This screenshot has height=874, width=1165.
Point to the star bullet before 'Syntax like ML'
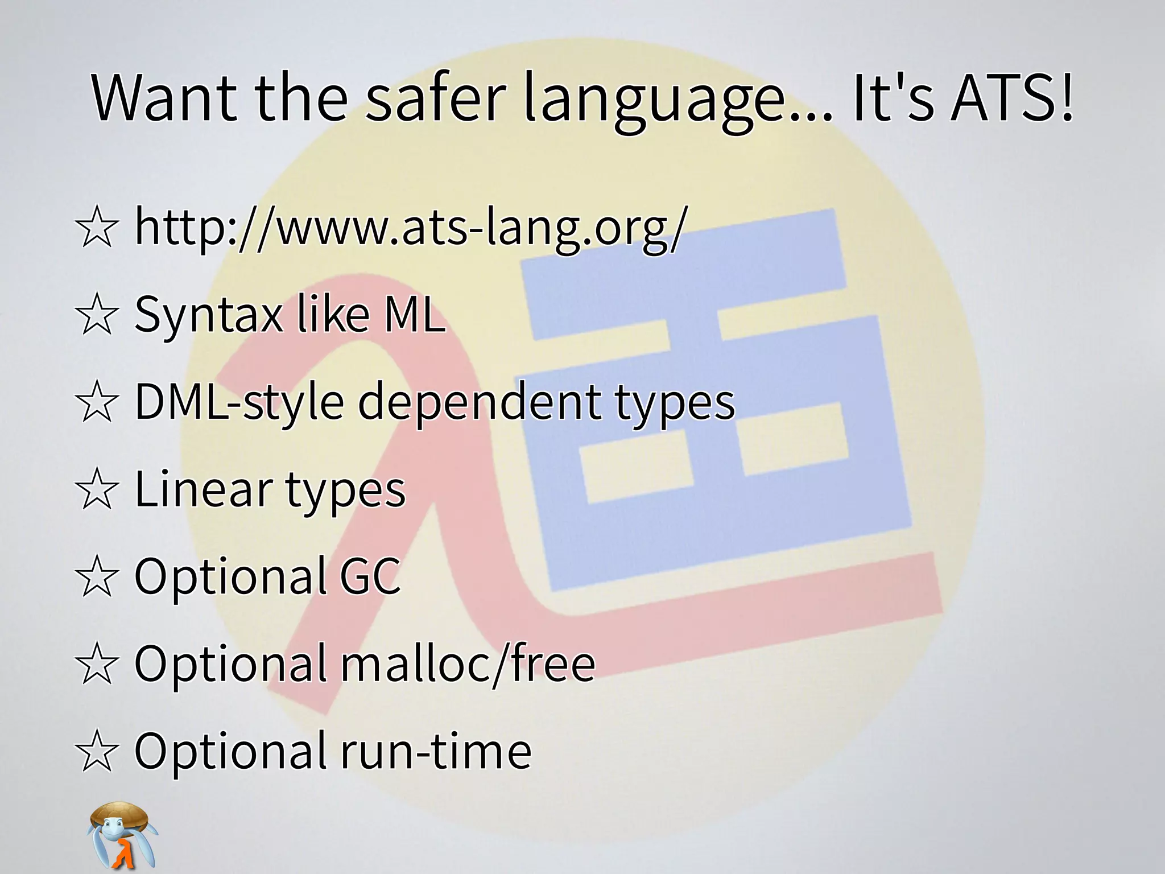97,315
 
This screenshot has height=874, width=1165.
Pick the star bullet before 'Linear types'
97,489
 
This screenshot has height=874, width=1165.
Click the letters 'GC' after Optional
370,576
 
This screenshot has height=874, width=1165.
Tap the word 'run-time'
436,751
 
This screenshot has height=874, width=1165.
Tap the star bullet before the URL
97,228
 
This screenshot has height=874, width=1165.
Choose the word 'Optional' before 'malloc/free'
230,663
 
